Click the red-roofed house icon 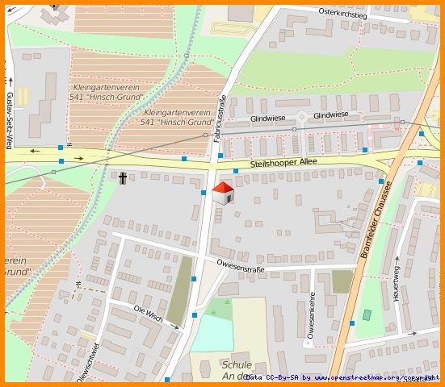click(x=222, y=193)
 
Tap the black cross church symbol click(x=123, y=178)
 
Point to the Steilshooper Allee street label click(x=283, y=163)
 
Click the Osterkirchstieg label click(x=343, y=14)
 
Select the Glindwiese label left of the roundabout click(x=268, y=118)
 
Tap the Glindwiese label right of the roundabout click(x=331, y=115)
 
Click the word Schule click(x=237, y=364)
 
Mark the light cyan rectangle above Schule click(x=211, y=333)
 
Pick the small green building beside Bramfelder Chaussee click(x=367, y=314)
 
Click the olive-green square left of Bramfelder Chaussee click(x=342, y=281)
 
